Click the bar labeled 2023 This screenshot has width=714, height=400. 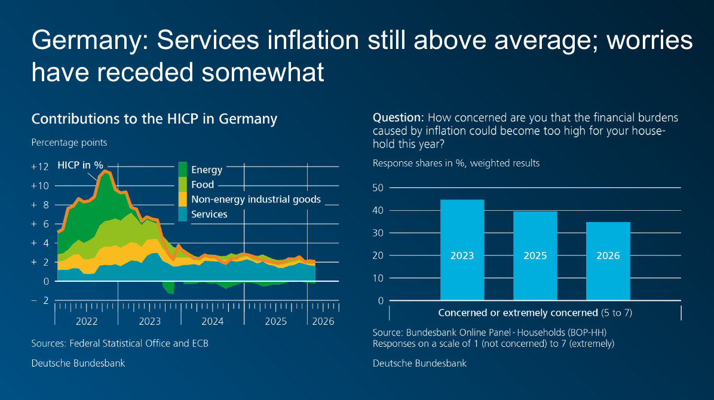click(x=462, y=250)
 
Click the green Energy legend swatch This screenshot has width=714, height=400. click(x=183, y=170)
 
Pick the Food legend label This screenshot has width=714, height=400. click(x=203, y=185)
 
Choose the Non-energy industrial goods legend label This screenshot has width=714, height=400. click(x=256, y=199)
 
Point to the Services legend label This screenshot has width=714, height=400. click(x=209, y=214)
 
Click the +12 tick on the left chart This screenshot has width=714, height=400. click(x=40, y=167)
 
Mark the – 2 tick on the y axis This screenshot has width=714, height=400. click(x=40, y=300)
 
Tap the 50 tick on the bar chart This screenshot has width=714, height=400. click(x=378, y=188)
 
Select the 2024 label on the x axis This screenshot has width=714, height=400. click(x=213, y=321)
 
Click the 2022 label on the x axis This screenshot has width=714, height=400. click(x=87, y=321)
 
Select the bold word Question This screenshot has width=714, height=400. click(x=399, y=118)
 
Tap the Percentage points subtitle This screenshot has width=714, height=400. click(x=69, y=143)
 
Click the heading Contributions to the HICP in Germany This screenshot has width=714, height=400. click(x=154, y=119)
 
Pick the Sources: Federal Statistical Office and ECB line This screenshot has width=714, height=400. click(x=119, y=343)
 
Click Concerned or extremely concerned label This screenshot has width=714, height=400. click(x=518, y=313)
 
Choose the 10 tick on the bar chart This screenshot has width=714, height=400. click(x=378, y=278)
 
